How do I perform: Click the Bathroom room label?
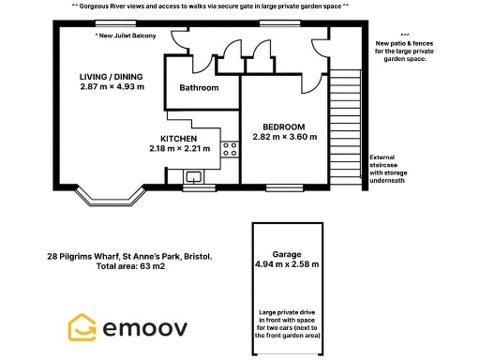coord(199,88)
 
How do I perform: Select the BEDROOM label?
coord(284,126)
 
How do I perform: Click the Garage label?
coord(286,253)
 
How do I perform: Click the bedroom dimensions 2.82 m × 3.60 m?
coord(284,137)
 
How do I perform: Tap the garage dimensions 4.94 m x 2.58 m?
coord(286,264)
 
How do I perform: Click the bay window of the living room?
coord(110,199)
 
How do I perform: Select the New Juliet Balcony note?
coord(139,36)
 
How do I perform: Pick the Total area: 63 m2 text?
coord(130,267)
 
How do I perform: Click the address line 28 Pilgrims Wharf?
coord(129,256)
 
